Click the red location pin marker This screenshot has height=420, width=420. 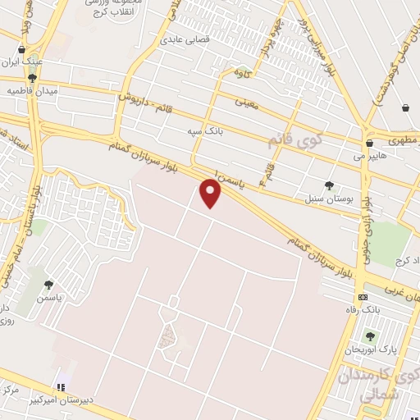point(212,194)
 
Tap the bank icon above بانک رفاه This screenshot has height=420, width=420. point(363,296)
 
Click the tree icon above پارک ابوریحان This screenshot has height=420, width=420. point(369,336)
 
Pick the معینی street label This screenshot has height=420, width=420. point(246,103)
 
